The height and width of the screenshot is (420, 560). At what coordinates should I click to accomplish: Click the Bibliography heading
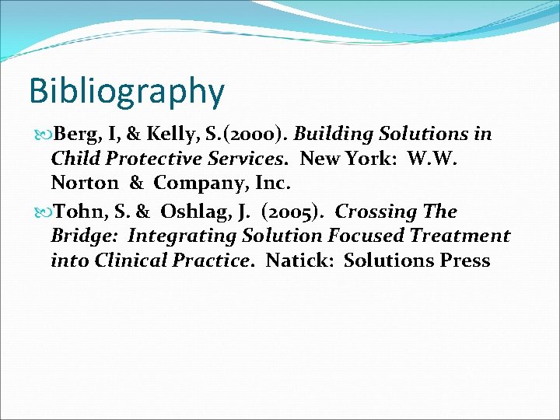(126, 92)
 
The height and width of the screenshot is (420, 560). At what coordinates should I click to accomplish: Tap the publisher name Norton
(84, 184)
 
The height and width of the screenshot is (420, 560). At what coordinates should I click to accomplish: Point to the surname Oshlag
(194, 212)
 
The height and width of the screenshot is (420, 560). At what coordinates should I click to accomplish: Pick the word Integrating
(184, 236)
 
